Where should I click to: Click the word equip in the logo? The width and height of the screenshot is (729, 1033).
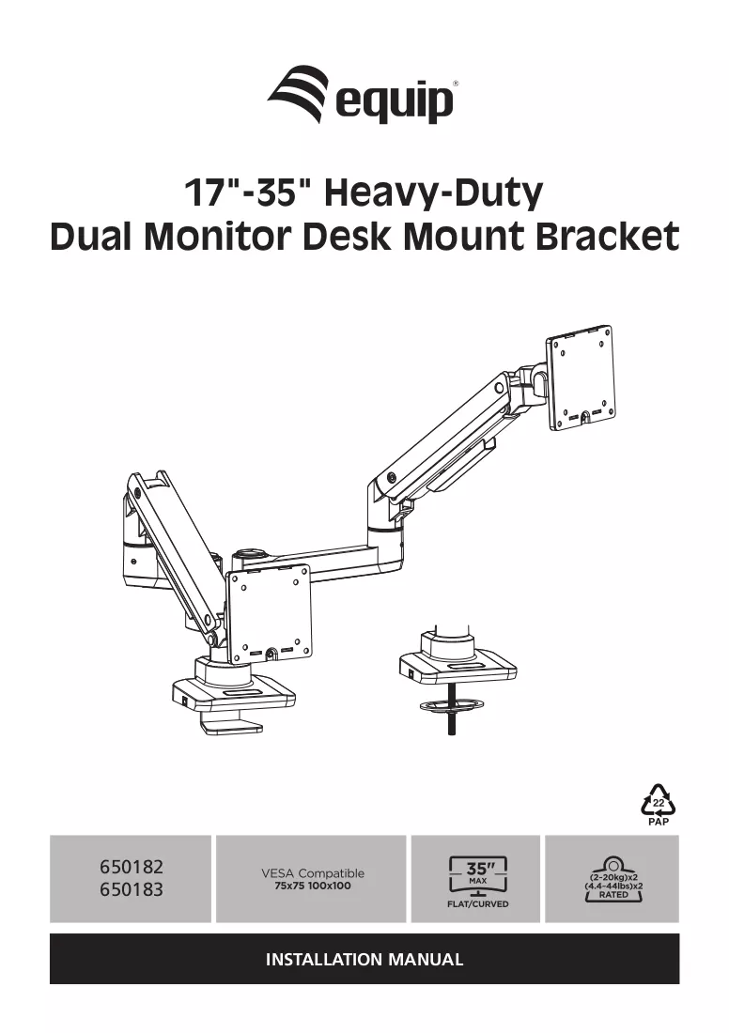click(x=395, y=102)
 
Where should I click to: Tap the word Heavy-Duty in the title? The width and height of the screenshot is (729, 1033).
click(x=434, y=193)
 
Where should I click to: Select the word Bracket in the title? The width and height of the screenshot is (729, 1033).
click(x=606, y=237)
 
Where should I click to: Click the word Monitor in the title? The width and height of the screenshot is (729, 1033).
click(x=219, y=237)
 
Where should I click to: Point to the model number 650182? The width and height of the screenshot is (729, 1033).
click(x=132, y=867)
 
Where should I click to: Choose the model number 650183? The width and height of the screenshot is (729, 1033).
click(x=132, y=889)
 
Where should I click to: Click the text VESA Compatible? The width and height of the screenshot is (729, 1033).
click(x=313, y=873)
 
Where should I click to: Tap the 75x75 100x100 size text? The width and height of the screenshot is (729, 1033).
click(x=313, y=887)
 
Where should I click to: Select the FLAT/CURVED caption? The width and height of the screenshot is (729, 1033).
click(x=478, y=904)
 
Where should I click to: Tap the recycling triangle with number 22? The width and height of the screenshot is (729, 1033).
click(x=659, y=800)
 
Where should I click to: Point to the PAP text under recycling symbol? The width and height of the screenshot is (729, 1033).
click(x=659, y=822)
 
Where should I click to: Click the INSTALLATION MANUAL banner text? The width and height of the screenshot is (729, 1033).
click(x=364, y=959)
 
